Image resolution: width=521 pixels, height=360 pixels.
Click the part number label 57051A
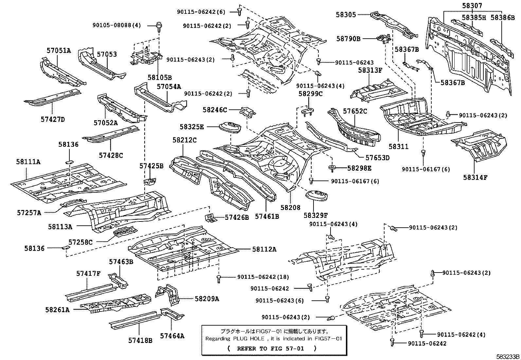[x=58, y=50]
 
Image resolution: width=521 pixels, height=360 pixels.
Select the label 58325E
[x=191, y=126]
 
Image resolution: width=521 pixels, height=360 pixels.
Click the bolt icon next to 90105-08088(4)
[x=159, y=26]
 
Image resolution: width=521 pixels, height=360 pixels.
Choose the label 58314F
[x=475, y=178]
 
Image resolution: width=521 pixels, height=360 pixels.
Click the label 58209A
[x=207, y=298]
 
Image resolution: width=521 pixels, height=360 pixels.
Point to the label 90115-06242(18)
[x=263, y=277]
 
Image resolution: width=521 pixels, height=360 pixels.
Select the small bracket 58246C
[x=247, y=112]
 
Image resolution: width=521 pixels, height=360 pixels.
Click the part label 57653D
[x=377, y=158]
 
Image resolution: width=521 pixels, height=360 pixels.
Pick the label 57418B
[x=140, y=340]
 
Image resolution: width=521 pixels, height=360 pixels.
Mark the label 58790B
[x=348, y=39]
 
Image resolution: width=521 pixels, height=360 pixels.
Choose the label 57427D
[x=53, y=119]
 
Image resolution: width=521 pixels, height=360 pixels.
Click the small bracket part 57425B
[x=151, y=180]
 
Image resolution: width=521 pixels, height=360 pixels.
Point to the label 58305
[x=346, y=14]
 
